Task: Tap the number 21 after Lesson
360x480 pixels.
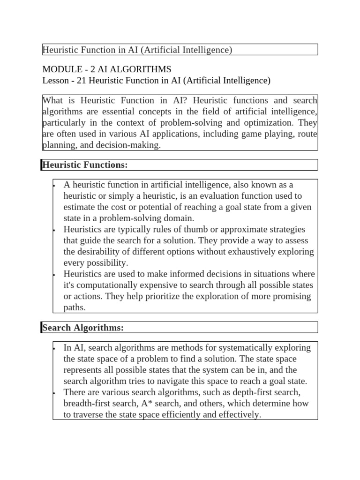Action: (81, 81)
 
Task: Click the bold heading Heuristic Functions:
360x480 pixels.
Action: (85, 165)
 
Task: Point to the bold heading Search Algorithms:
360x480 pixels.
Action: (83, 328)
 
